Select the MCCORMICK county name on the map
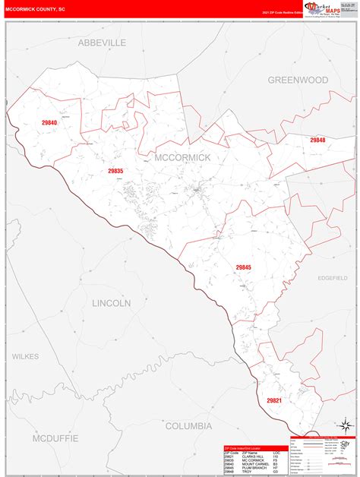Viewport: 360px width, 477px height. (182, 157)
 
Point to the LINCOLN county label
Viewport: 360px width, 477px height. (112, 302)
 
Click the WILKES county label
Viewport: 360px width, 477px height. (25, 355)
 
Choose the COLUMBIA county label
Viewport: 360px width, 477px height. (188, 426)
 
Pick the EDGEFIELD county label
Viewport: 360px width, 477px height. (332, 278)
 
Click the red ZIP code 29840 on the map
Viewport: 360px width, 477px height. (50, 122)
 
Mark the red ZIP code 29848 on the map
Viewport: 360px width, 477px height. (317, 140)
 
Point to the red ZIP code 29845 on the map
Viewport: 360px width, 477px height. (243, 267)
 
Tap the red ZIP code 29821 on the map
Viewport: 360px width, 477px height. (274, 400)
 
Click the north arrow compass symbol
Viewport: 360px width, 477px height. (345, 425)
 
